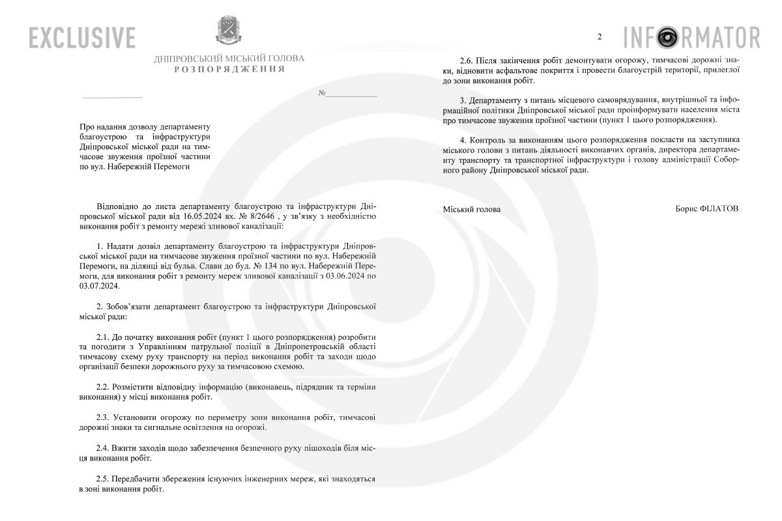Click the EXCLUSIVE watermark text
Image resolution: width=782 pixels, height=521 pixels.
[81, 36]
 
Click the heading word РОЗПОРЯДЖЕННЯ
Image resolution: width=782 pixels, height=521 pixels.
[229, 69]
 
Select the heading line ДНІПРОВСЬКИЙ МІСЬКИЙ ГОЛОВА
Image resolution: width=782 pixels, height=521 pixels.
[229, 59]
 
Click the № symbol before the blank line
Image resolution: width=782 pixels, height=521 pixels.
[322, 93]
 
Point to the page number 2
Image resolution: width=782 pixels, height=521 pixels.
[600, 36]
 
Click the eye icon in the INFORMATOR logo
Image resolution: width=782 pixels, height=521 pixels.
[667, 36]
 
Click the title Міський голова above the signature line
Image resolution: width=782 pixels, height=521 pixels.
[472, 209]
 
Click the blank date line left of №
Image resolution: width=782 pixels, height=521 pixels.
[112, 96]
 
